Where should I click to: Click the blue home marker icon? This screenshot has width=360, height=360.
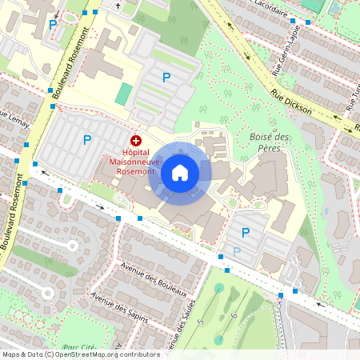[180, 173]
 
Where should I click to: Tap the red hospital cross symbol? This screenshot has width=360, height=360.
[135, 140]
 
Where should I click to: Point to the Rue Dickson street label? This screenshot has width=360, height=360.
[290, 104]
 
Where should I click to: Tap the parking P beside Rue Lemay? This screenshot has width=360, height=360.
[86, 140]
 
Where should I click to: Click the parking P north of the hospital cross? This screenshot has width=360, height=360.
[166, 78]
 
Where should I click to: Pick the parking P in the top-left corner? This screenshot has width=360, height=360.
[53, 25]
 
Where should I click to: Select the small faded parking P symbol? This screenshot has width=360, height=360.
[236, 250]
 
